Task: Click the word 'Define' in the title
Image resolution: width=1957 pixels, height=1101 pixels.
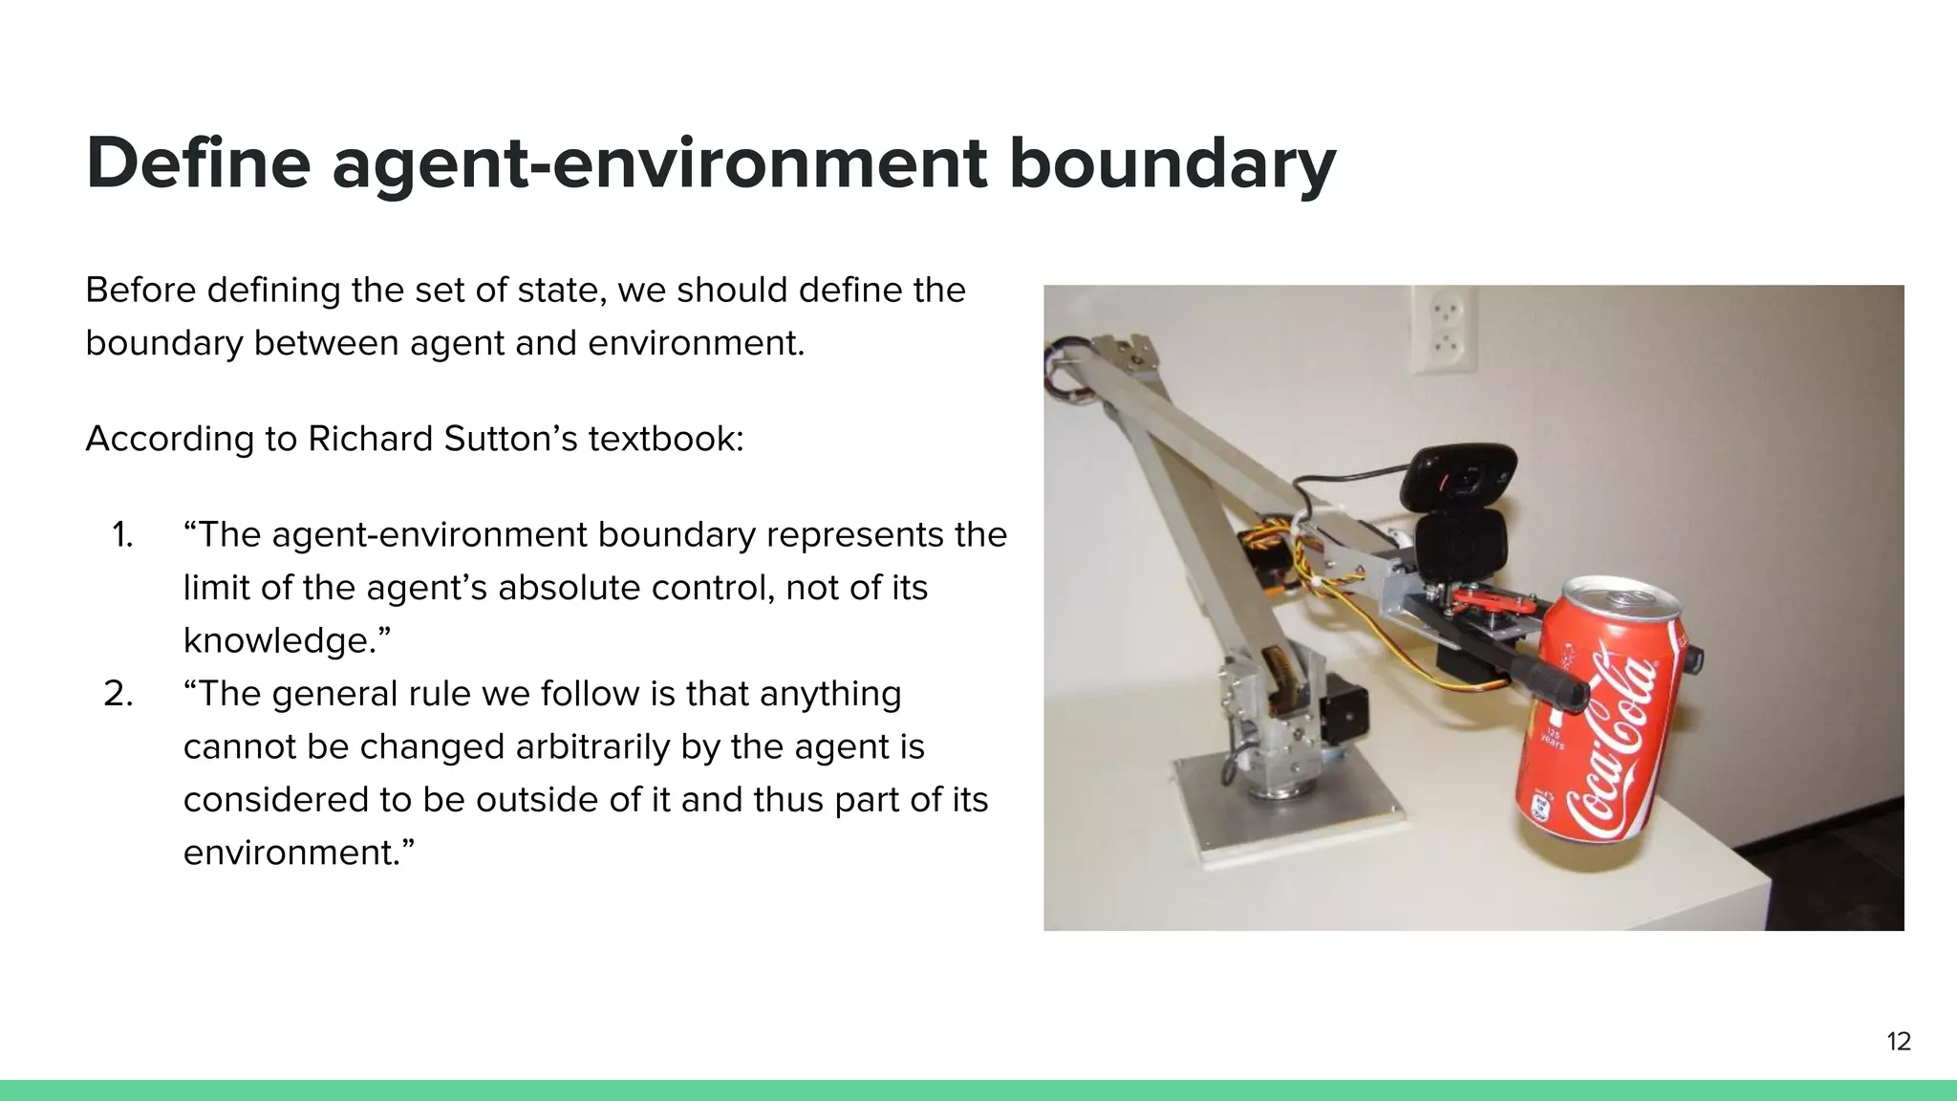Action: coord(198,162)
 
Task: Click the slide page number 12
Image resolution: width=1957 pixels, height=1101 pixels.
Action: coord(1898,1042)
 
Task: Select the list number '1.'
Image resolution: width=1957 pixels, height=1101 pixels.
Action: coord(122,535)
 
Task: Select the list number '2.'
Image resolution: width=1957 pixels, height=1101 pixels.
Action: coord(118,694)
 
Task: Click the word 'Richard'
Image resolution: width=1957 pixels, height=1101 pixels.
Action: coord(370,440)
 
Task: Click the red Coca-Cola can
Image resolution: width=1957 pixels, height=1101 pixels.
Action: coord(1605,726)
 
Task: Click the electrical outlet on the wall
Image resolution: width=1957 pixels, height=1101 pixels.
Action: coord(1443,328)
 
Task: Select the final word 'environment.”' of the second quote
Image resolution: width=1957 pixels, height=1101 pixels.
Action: coord(298,853)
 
